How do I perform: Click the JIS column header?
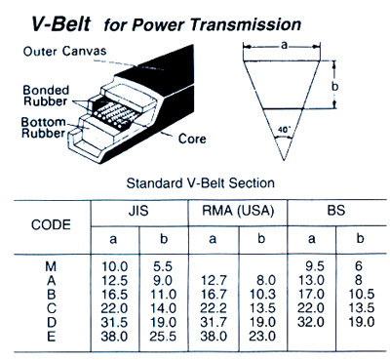(138, 210)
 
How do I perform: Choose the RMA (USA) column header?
(238, 210)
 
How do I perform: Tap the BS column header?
(335, 210)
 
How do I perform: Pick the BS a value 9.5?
(315, 263)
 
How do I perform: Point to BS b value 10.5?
(360, 292)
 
